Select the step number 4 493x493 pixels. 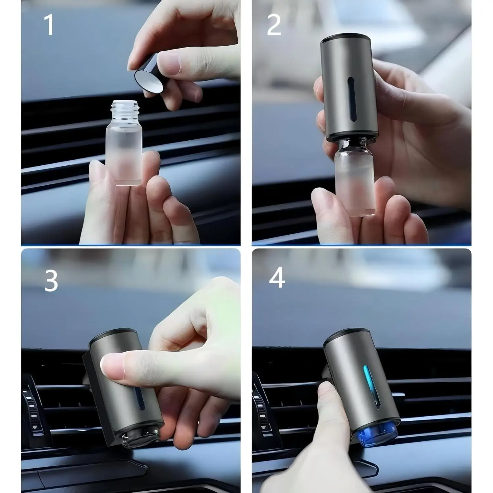277,278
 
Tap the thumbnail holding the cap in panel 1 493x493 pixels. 169,63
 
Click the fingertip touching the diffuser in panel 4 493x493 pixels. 325,391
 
